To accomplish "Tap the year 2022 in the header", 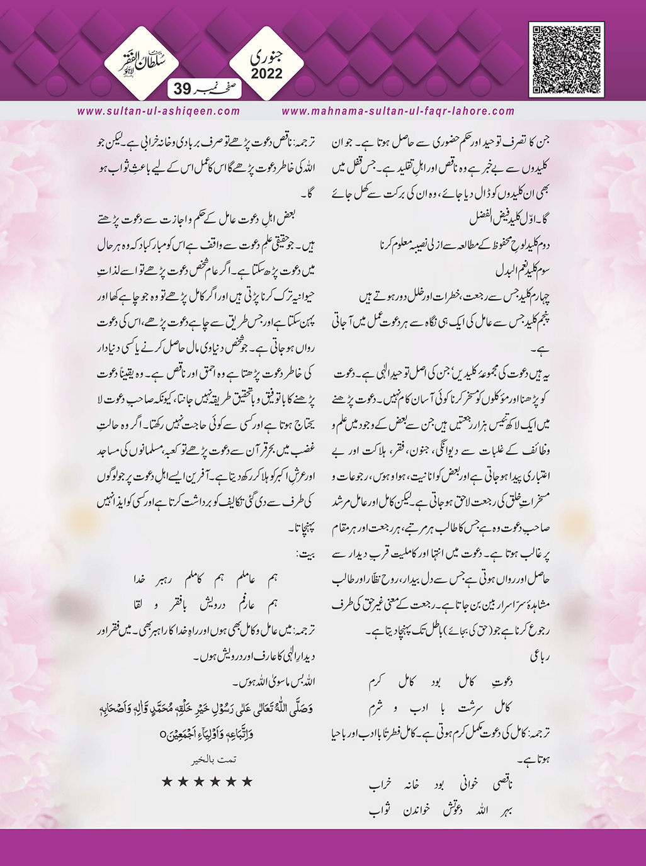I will click(x=267, y=74).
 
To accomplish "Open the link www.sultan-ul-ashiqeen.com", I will click(x=159, y=111).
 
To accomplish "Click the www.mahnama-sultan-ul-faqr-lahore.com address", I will click(x=398, y=111).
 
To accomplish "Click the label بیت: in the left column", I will click(x=306, y=554).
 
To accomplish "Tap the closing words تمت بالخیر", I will click(x=215, y=760).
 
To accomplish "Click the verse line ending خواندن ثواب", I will click(x=440, y=810).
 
